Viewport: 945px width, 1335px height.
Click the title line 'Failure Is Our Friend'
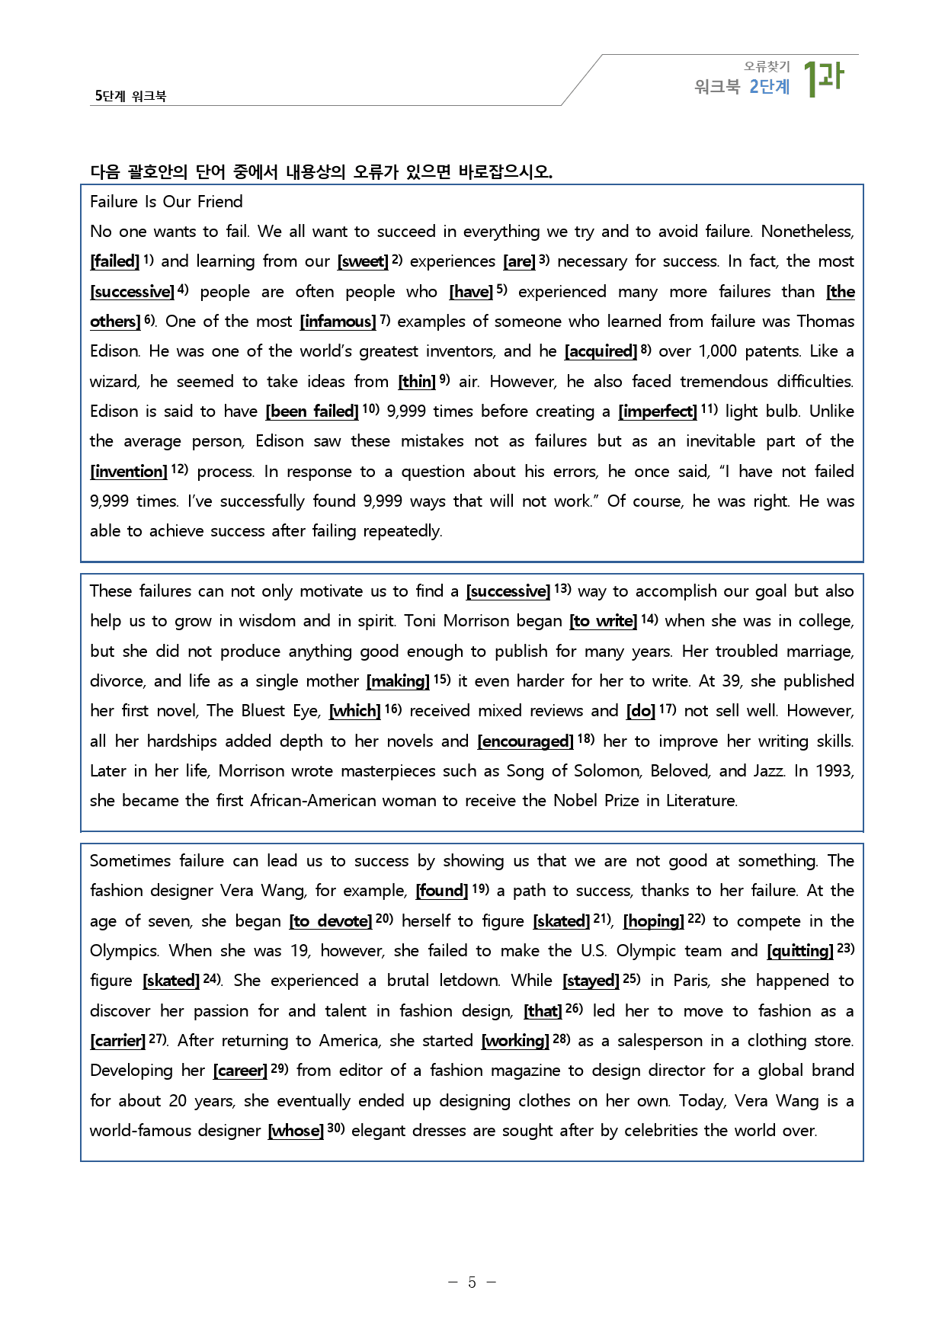pyautogui.click(x=166, y=202)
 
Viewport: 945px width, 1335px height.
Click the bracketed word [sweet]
pyautogui.click(x=363, y=261)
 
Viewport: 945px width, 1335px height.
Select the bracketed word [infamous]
pyautogui.click(x=338, y=322)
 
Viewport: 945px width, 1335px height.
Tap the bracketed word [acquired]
pyautogui.click(x=601, y=351)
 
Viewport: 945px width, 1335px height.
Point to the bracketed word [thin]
pyautogui.click(x=417, y=382)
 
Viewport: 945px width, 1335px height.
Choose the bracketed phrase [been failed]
pyautogui.click(x=312, y=411)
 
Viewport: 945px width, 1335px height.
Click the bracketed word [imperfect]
pyautogui.click(x=657, y=411)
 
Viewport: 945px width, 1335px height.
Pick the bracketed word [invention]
pyautogui.click(x=128, y=472)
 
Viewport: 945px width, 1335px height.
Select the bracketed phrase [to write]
pyautogui.click(x=603, y=621)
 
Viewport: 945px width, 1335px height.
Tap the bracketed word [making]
pyautogui.click(x=398, y=681)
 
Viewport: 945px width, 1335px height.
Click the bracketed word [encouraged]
pyautogui.click(x=525, y=741)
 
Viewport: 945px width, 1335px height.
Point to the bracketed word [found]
pyautogui.click(x=441, y=891)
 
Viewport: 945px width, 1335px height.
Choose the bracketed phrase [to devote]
pyautogui.click(x=330, y=921)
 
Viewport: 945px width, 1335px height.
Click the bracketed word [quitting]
pyautogui.click(x=799, y=951)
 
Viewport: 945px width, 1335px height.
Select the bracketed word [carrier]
pyautogui.click(x=117, y=1041)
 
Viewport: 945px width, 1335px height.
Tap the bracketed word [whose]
pyautogui.click(x=296, y=1131)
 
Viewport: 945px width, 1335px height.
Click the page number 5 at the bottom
pyautogui.click(x=472, y=1282)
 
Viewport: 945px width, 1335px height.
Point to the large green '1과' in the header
pyautogui.click(x=823, y=78)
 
